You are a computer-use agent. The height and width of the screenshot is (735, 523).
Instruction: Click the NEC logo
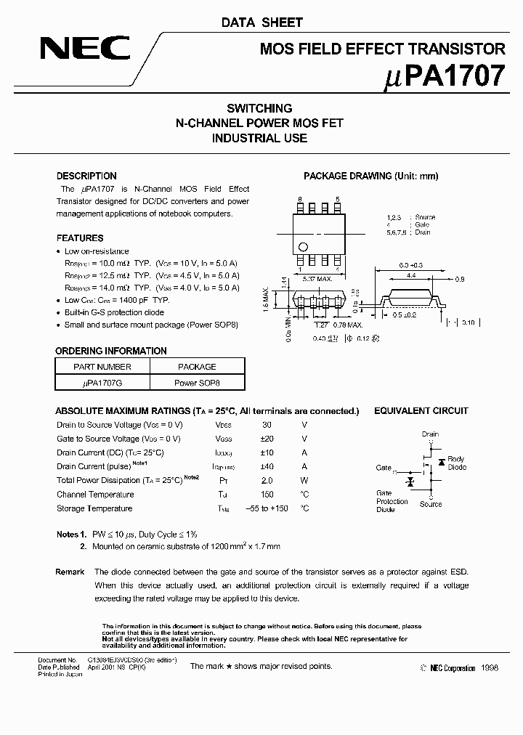pyautogui.click(x=85, y=49)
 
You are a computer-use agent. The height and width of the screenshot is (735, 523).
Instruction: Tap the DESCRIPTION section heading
pyautogui.click(x=86, y=176)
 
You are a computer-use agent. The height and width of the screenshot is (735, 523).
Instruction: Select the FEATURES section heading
pyautogui.click(x=80, y=238)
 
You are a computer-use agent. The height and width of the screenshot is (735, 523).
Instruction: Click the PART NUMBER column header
pyautogui.click(x=102, y=367)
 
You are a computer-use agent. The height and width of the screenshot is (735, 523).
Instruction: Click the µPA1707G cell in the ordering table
pyautogui.click(x=102, y=382)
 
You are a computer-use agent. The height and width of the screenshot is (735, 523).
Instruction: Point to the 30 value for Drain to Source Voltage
pyautogui.click(x=267, y=425)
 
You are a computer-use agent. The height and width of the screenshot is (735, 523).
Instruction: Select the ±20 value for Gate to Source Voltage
pyautogui.click(x=267, y=439)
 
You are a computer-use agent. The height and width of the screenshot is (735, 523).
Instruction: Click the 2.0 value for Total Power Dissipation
pyautogui.click(x=267, y=481)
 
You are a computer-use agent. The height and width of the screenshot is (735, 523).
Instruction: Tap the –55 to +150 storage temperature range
pyautogui.click(x=267, y=508)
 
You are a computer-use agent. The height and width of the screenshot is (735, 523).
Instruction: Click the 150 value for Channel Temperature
pyautogui.click(x=267, y=495)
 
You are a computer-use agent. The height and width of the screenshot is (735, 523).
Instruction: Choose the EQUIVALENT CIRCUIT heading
pyautogui.click(x=421, y=411)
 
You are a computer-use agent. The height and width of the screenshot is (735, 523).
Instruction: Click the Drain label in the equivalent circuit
pyautogui.click(x=430, y=434)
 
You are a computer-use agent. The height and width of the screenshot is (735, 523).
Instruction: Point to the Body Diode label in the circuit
pyautogui.click(x=456, y=463)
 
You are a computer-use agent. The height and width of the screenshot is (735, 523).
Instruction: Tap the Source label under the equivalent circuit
pyautogui.click(x=430, y=504)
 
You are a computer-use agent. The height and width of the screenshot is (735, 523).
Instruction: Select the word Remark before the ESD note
pyautogui.click(x=70, y=572)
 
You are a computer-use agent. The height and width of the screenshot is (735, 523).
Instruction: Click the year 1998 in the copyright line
pyautogui.click(x=490, y=668)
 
